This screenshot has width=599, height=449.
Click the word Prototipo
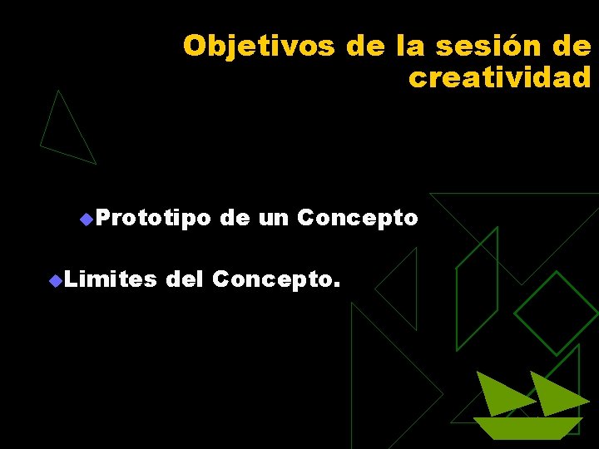[152, 219]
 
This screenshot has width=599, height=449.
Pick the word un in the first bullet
[273, 219]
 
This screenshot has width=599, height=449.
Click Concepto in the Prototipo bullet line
[357, 219]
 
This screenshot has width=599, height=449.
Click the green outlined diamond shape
[555, 313]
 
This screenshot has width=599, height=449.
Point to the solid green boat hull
[527, 427]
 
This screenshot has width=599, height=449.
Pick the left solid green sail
[499, 395]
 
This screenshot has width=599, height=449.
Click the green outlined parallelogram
[477, 291]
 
